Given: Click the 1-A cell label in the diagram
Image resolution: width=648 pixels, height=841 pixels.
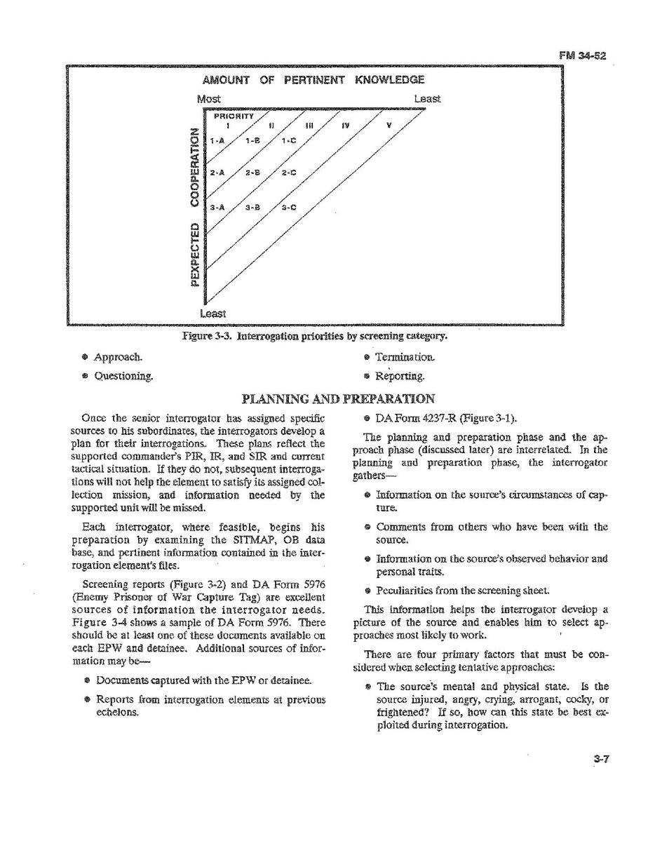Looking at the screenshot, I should pos(217,140).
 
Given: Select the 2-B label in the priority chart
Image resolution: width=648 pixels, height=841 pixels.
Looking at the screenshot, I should pos(253,173).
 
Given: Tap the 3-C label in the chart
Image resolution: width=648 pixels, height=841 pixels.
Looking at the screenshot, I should pos(289,208).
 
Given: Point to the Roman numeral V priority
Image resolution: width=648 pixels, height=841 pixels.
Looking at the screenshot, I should pos(389,126).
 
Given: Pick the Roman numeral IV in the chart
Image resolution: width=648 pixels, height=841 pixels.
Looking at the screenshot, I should pos(344,126).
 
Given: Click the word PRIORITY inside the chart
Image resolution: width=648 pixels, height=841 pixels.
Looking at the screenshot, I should pos(229,117).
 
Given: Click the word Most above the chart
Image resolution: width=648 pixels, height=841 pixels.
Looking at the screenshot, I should pos(208,99).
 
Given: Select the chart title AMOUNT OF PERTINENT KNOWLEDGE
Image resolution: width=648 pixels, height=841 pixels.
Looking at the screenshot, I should pos(313,80).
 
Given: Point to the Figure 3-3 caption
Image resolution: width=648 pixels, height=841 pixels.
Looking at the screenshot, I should pos(314,336).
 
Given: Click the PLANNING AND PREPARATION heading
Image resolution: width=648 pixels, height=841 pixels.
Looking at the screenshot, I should pos(338,399).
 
